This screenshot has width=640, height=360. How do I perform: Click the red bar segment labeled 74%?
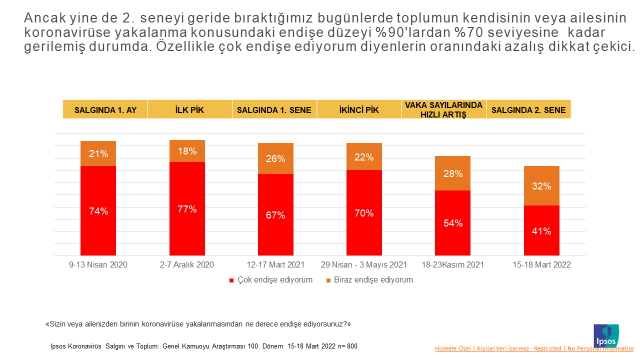(98, 210)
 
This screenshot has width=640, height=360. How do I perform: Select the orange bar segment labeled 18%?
(187, 151)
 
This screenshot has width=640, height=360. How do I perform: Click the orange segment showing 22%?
(364, 156)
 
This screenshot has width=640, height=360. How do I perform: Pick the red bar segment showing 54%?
(453, 222)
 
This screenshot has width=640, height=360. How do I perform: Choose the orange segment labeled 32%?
(541, 186)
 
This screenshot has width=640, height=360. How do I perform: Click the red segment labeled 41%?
(541, 230)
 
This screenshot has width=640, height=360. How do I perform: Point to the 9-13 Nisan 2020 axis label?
(98, 265)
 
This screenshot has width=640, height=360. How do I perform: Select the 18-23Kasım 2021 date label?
(453, 265)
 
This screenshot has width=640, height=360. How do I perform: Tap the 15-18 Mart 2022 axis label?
(541, 265)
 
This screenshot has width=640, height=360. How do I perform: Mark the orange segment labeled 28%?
(453, 173)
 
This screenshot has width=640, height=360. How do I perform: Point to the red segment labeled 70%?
(364, 212)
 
